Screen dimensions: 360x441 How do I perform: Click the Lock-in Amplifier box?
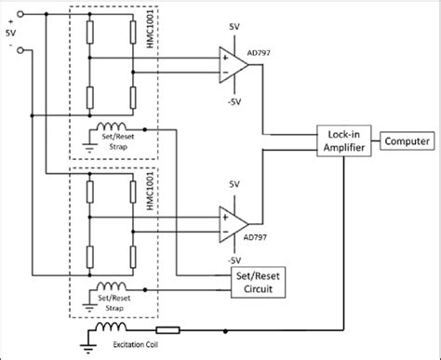coord(344,142)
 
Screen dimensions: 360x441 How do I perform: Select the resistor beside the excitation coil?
coord(167,329)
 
